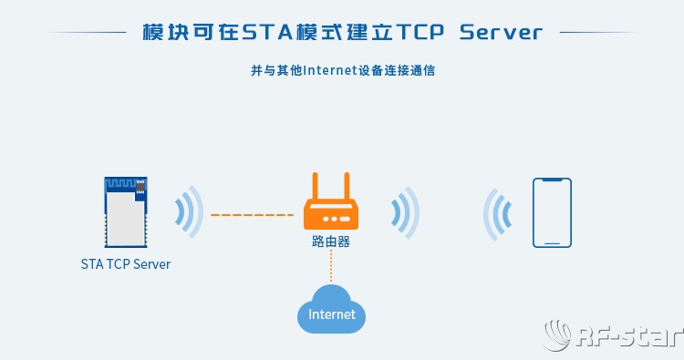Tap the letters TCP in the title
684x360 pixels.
(x=415, y=34)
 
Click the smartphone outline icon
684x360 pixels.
(x=553, y=212)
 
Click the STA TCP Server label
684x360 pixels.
(x=125, y=264)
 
